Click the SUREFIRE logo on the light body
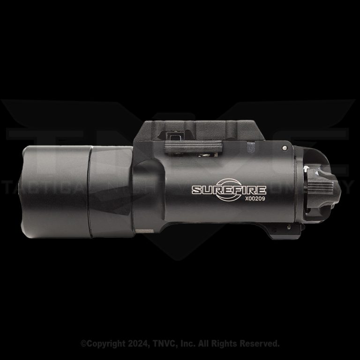coord(229,190)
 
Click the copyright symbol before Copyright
coord(83,344)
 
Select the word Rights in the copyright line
coord(223,344)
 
